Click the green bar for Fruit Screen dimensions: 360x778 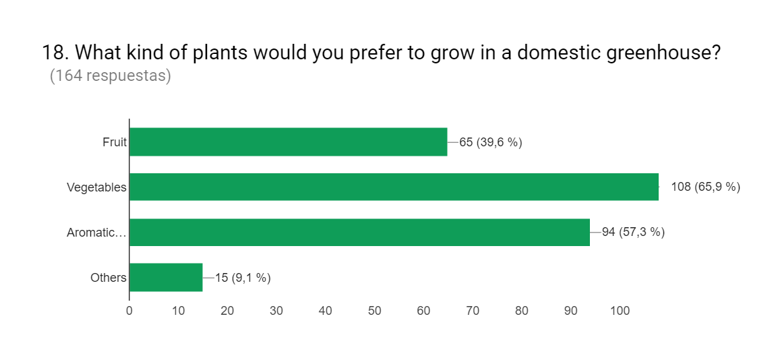coord(288,142)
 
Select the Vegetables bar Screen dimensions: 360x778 coord(394,187)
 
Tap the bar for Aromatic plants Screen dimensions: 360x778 coord(359,232)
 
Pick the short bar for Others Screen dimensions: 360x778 coord(166,277)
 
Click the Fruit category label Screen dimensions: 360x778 coord(115,142)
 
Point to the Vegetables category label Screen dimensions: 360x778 coord(96,187)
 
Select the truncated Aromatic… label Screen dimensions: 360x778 coord(96,233)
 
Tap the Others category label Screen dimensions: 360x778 coord(108,278)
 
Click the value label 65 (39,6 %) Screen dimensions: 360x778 coord(491,142)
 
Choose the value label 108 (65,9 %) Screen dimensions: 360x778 coord(705,187)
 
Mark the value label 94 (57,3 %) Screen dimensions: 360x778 coord(633,233)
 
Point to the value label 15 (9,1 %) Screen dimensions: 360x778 coord(243,278)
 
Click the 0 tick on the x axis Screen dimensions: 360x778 coord(129,311)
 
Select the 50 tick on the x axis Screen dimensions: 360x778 coord(375,311)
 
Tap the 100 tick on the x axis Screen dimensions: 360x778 coord(620,311)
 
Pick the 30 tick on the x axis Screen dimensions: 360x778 coord(276,311)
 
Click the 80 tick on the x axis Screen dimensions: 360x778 coord(522,311)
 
